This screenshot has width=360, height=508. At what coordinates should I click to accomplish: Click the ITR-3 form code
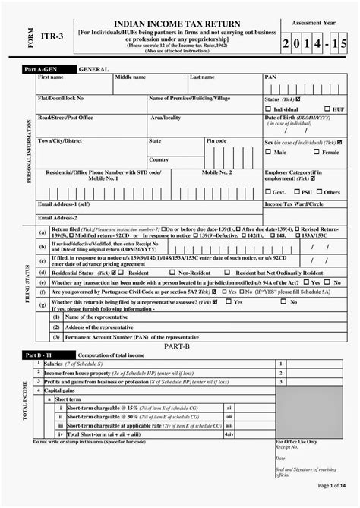coord(51,35)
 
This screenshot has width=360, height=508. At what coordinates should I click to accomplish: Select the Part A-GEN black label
coord(43,69)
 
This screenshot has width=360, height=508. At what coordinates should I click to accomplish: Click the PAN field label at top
coord(270,77)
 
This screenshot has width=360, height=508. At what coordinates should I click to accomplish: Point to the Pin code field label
coord(216,141)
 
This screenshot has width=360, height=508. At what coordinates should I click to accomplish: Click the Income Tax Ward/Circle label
coord(294,204)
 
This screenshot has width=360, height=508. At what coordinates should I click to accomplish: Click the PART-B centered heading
coord(176,346)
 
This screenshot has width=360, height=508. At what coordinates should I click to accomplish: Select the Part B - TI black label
coord(43,355)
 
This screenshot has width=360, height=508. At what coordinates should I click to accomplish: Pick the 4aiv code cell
coord(229,434)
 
